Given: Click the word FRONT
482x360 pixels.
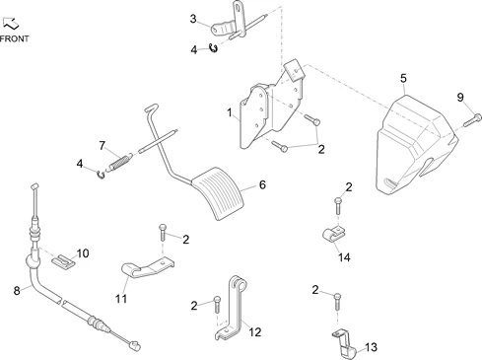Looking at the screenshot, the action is pos(14,38).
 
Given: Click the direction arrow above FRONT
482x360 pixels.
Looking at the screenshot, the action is pos(11,24).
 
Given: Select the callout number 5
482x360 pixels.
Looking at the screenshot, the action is pos(403,79).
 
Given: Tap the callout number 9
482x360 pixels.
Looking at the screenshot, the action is pos(460,98).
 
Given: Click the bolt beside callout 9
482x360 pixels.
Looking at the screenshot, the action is pos(473,120).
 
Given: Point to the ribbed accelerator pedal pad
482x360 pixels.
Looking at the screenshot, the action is pos(219,193).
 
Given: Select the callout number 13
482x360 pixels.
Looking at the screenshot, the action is pos(371,347).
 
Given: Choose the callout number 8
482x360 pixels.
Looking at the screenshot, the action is pos(17,291).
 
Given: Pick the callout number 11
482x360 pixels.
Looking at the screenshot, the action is pos(121,299).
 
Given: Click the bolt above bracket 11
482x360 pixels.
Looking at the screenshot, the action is pos(163,233).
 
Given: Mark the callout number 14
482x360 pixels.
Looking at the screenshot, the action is pos(344,257).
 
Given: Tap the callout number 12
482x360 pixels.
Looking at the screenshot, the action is pos(254,332).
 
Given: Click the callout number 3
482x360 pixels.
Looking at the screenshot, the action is pos(193,19).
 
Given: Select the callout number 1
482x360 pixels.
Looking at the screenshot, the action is pos(230,112).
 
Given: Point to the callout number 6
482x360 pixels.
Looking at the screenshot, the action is pos(262,184).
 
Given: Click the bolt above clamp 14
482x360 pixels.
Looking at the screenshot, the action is pos(338,206).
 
